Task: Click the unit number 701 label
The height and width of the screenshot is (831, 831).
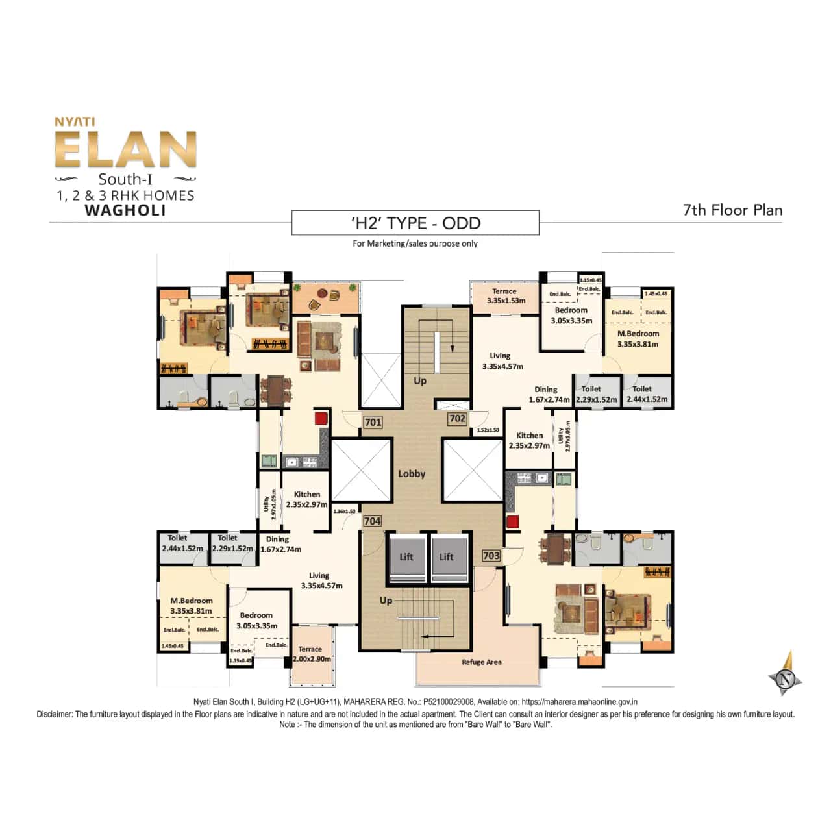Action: pyautogui.click(x=373, y=422)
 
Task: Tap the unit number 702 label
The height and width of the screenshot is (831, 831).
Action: pyautogui.click(x=457, y=419)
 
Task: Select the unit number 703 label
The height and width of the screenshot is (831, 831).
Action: pyautogui.click(x=491, y=555)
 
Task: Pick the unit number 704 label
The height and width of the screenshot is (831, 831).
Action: pyautogui.click(x=372, y=521)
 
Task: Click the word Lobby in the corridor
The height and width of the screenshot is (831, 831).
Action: pyautogui.click(x=412, y=473)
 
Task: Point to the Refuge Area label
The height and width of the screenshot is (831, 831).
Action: pyautogui.click(x=481, y=662)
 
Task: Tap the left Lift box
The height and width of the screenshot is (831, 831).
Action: pyautogui.click(x=406, y=557)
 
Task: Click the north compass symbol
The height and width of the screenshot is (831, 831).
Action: pyautogui.click(x=786, y=678)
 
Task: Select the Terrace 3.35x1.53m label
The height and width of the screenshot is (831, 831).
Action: pyautogui.click(x=505, y=296)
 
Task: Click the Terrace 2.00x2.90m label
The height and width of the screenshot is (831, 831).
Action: pyautogui.click(x=311, y=654)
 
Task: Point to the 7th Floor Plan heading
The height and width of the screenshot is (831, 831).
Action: pyautogui.click(x=732, y=210)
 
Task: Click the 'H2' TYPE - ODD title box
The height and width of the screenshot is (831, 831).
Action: pyautogui.click(x=415, y=223)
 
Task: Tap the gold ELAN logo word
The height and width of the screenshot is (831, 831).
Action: pyautogui.click(x=126, y=151)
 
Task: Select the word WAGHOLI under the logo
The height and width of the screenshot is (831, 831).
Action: pyautogui.click(x=125, y=210)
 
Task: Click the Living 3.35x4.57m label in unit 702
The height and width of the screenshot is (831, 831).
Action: pyautogui.click(x=502, y=361)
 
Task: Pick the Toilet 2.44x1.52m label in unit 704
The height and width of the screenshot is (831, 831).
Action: pyautogui.click(x=182, y=543)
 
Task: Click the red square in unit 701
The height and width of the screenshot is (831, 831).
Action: pyautogui.click(x=321, y=418)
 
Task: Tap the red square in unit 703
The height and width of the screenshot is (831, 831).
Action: pyautogui.click(x=513, y=521)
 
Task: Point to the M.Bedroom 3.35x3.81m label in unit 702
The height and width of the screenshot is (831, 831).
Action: pyautogui.click(x=638, y=339)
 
